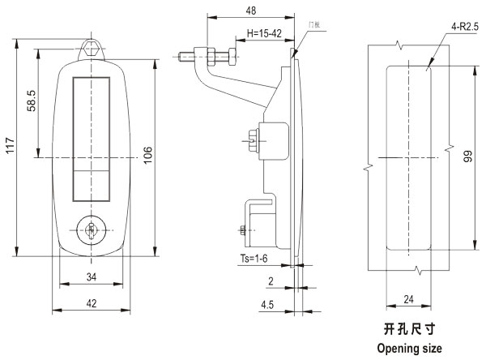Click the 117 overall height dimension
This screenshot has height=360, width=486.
[x=9, y=147]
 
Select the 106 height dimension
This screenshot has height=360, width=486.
[x=148, y=156]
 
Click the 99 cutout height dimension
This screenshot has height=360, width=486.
[x=468, y=160]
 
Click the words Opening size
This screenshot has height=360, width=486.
[x=409, y=349]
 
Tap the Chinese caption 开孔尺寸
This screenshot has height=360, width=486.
[x=408, y=330]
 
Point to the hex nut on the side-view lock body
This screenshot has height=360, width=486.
[x=254, y=139]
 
